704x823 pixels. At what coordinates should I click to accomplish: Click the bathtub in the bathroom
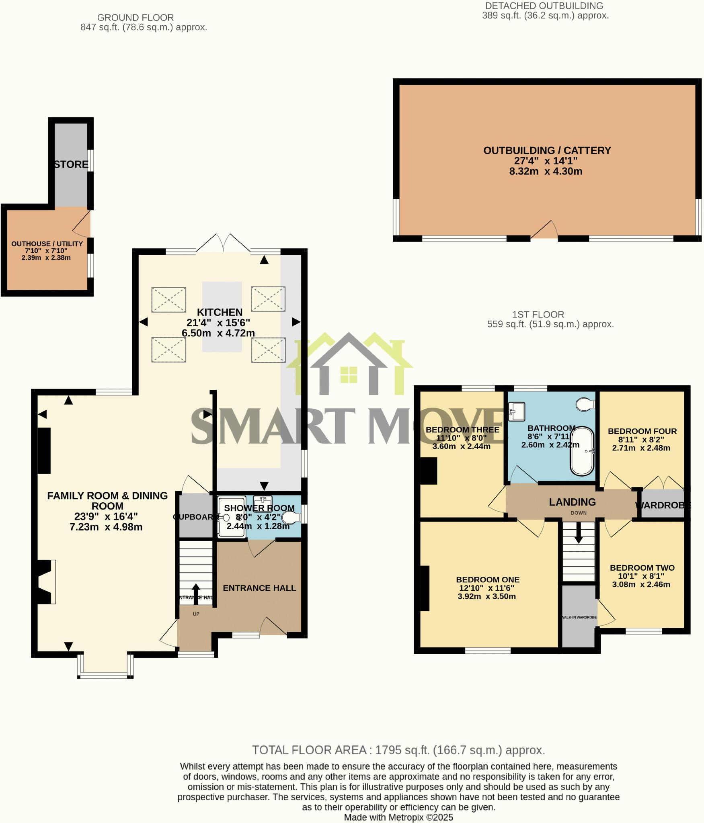(582, 452)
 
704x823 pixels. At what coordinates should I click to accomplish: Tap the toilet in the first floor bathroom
(585, 404)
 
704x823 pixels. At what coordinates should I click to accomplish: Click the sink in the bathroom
(517, 411)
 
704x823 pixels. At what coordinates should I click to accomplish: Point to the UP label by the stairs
(196, 614)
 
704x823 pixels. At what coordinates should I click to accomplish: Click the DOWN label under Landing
(578, 513)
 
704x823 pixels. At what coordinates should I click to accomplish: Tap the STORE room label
(71, 164)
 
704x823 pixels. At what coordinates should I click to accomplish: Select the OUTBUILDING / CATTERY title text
(547, 150)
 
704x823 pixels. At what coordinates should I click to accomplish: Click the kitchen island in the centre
(222, 317)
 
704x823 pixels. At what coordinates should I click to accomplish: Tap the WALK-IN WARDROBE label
(579, 617)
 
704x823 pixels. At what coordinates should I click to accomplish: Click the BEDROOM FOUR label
(642, 431)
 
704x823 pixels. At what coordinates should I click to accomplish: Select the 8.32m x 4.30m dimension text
(546, 172)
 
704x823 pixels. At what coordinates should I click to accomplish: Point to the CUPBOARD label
(195, 517)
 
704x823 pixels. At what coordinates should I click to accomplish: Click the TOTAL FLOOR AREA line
(398, 750)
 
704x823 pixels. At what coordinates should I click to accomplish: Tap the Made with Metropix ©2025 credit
(398, 817)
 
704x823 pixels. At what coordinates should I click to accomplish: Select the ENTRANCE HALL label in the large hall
(259, 588)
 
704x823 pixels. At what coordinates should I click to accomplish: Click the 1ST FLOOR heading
(538, 314)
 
